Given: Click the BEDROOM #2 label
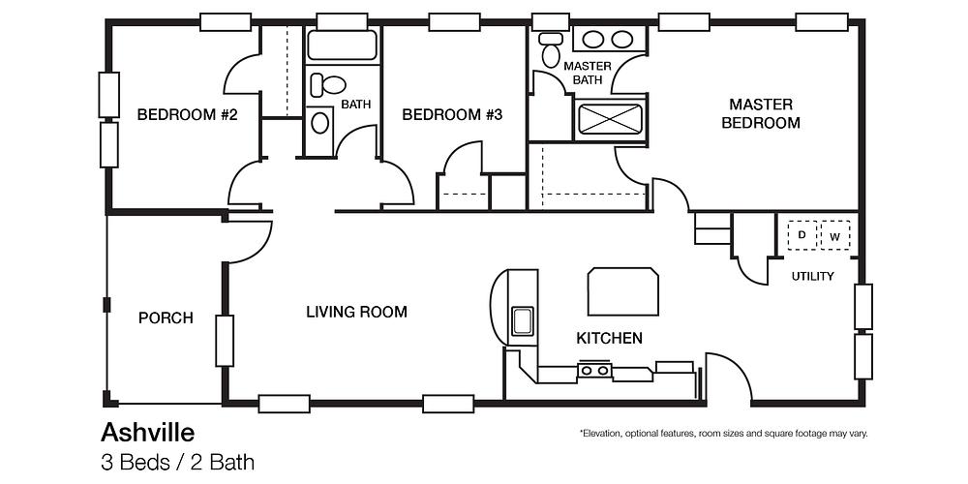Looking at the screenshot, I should tap(188, 115).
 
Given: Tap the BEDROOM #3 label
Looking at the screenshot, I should tap(452, 115).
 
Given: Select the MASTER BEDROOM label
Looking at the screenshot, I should tap(761, 113).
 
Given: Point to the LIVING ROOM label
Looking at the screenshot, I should tap(356, 312).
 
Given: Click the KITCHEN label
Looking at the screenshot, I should tap(609, 338).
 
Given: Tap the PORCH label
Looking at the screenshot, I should tap(166, 318).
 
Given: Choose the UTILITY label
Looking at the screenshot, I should tap(812, 276).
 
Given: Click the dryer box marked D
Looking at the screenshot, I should tap(802, 235).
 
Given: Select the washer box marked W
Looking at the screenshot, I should tap(834, 235).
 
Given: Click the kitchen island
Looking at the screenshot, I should tap(624, 291).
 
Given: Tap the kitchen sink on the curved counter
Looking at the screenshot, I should tap(523, 320).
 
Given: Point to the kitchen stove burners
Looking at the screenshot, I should tap(593, 369).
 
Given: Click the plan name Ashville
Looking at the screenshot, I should tap(147, 431).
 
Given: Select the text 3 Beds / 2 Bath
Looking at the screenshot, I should tap(177, 462).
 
